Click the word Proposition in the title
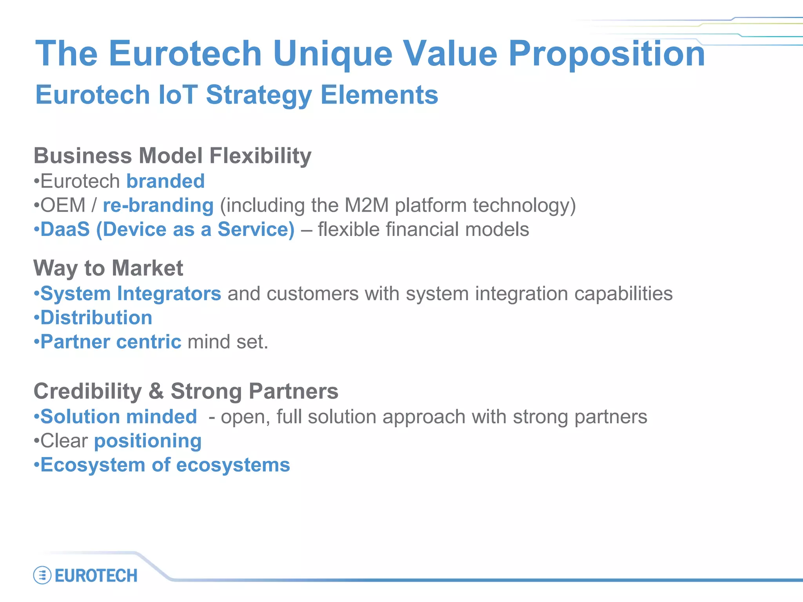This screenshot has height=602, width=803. pyautogui.click(x=606, y=54)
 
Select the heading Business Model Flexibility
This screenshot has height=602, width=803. pyautogui.click(x=173, y=156)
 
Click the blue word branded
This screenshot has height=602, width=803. pyautogui.click(x=165, y=181)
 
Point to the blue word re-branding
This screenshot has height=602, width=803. pyautogui.click(x=158, y=205)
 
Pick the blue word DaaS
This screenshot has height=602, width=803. pyautogui.click(x=65, y=229)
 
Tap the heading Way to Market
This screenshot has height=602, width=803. pyautogui.click(x=108, y=268)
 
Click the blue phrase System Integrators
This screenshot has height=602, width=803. pyautogui.click(x=131, y=294)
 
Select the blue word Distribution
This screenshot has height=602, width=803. pyautogui.click(x=96, y=318)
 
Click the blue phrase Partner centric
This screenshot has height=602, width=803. pyautogui.click(x=111, y=342)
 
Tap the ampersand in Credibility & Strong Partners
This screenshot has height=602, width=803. pyautogui.click(x=156, y=391)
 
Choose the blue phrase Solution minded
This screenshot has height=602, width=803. pyautogui.click(x=118, y=417)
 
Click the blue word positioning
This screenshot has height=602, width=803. pyautogui.click(x=148, y=441)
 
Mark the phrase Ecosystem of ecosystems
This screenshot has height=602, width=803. pyautogui.click(x=165, y=465)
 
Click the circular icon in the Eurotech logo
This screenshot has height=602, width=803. pyautogui.click(x=42, y=575)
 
